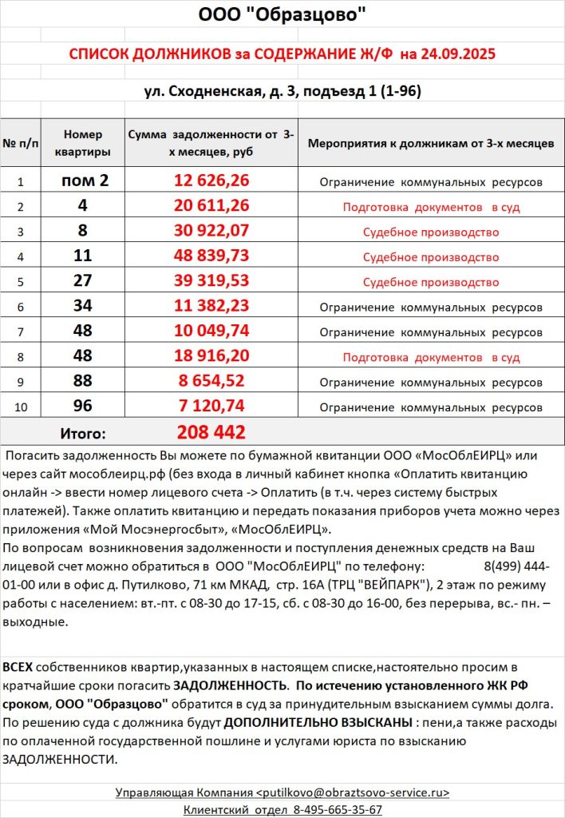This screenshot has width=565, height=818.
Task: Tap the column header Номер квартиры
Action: point(83,143)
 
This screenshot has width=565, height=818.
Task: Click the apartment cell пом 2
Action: point(84,181)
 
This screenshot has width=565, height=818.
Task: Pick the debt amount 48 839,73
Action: point(211,256)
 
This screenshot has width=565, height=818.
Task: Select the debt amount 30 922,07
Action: point(211,231)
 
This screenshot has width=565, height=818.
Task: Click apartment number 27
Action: point(84,280)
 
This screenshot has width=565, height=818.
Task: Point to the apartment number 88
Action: point(84,381)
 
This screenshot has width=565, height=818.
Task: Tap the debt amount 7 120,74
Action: point(211,406)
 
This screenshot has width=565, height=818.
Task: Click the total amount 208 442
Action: point(211,433)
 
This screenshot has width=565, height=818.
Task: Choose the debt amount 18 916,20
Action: point(211,356)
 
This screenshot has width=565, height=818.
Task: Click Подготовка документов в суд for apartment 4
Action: point(431,207)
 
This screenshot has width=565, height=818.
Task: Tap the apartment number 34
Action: point(84,306)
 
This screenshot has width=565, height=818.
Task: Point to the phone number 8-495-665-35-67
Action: point(338,809)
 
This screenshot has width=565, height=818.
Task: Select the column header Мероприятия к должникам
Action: point(431,144)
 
